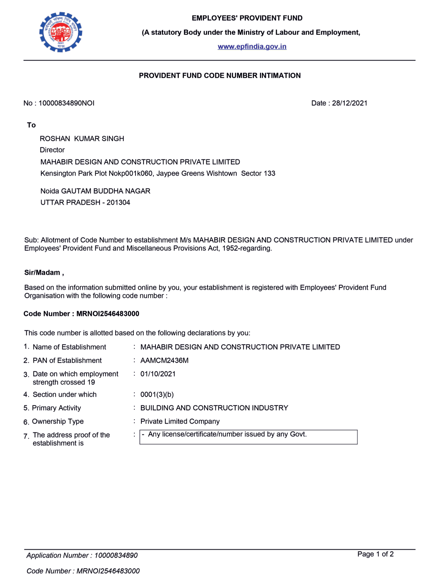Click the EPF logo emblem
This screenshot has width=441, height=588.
pyautogui.click(x=61, y=32)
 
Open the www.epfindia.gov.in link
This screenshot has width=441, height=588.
pyautogui.click(x=252, y=46)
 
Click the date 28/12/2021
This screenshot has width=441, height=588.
pyautogui.click(x=350, y=103)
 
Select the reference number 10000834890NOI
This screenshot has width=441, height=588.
pyautogui.click(x=66, y=103)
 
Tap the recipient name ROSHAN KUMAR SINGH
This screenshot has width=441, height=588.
pyautogui.click(x=82, y=138)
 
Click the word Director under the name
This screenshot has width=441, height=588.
pyautogui.click(x=52, y=150)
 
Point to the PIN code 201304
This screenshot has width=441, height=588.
pyautogui.click(x=118, y=203)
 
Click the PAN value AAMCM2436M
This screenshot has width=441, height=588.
pyautogui.click(x=164, y=360)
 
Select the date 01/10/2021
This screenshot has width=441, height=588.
pyautogui.click(x=158, y=374)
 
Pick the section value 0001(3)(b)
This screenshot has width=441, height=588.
pyautogui.click(x=157, y=395)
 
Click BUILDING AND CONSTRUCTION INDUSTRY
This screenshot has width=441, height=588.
pyautogui.click(x=214, y=408)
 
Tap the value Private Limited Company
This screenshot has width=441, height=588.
pyautogui.click(x=180, y=422)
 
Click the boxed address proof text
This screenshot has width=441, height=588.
pyautogui.click(x=227, y=435)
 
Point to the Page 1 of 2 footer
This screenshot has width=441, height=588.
pyautogui.click(x=375, y=554)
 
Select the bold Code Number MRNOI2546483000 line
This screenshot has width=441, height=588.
pyautogui.click(x=81, y=314)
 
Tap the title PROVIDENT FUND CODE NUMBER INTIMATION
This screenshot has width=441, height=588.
pyautogui.click(x=220, y=76)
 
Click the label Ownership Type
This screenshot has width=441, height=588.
pyautogui.click(x=58, y=422)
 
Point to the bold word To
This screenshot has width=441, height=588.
pyautogui.click(x=31, y=125)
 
